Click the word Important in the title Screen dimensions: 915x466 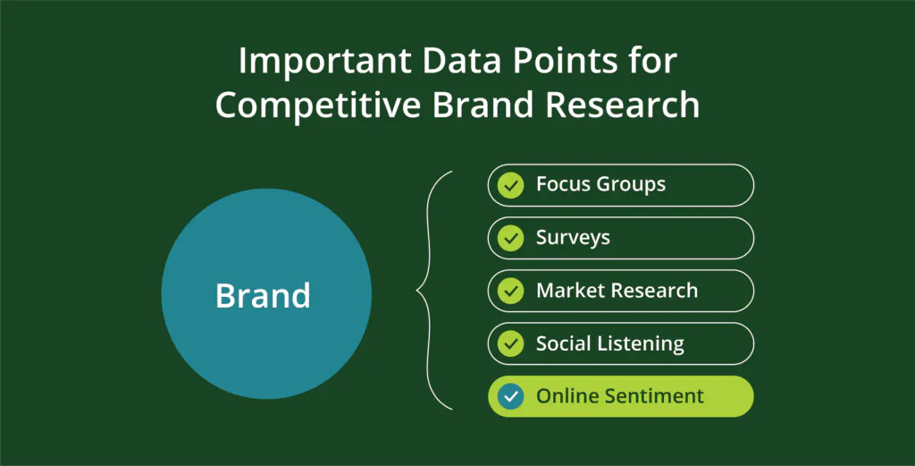tap(325, 62)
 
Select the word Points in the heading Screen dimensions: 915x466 tap(566, 60)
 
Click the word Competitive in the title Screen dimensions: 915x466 tap(318, 106)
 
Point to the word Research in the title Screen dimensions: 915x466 tap(622, 106)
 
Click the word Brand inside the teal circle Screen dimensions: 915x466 tap(263, 295)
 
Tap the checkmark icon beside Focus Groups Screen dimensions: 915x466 tap(510, 185)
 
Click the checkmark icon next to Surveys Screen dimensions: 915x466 tap(510, 238)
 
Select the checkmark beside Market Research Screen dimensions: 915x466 tap(510, 291)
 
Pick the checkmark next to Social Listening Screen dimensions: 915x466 tap(510, 344)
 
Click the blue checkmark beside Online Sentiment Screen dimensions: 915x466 tap(510, 396)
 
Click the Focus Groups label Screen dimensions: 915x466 tap(600, 185)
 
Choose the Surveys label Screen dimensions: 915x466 tap(573, 238)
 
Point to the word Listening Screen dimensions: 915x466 tap(647, 344)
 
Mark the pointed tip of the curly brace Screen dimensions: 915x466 tap(416, 290)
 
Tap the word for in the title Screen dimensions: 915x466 tap(653, 60)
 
